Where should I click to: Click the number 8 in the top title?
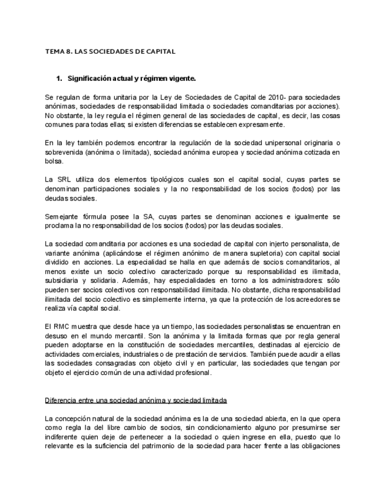click(70, 51)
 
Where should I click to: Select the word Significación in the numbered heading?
click(90, 78)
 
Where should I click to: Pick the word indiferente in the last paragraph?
click(65, 437)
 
